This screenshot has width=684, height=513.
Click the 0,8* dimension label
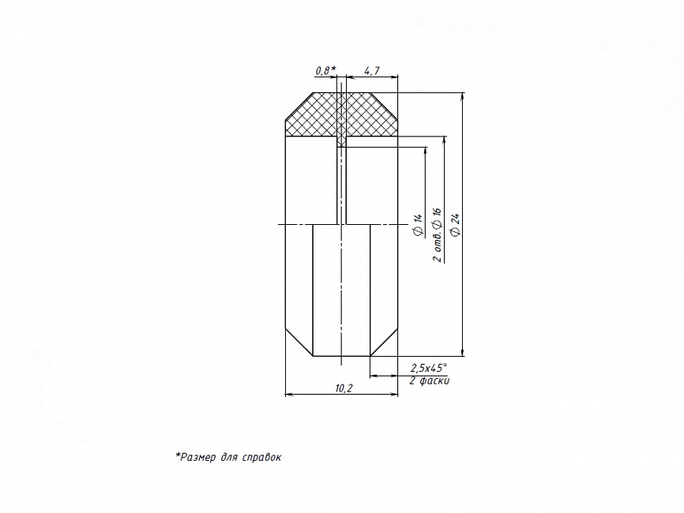click(x=325, y=70)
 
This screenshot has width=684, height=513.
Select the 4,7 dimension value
click(x=372, y=70)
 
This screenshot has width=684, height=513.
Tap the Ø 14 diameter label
click(x=418, y=225)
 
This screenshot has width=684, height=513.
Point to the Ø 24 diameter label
click(x=456, y=225)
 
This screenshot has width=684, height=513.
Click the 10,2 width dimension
click(x=344, y=388)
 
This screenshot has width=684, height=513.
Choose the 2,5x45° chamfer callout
click(x=429, y=368)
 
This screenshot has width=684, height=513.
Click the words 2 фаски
click(x=429, y=380)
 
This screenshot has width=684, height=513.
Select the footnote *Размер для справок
click(x=228, y=457)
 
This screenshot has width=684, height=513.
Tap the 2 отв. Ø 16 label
click(x=437, y=235)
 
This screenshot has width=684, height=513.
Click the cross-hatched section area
click(x=341, y=115)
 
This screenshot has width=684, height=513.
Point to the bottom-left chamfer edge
click(x=299, y=343)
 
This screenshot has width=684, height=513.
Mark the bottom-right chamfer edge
click(x=384, y=343)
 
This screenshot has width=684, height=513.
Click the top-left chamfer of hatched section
click(x=299, y=106)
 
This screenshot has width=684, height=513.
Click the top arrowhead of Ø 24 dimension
click(x=463, y=96)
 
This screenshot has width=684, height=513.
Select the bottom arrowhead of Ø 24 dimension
click(x=463, y=352)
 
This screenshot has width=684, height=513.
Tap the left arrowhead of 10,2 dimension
click(x=289, y=395)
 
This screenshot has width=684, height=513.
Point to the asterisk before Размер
click(x=178, y=455)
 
